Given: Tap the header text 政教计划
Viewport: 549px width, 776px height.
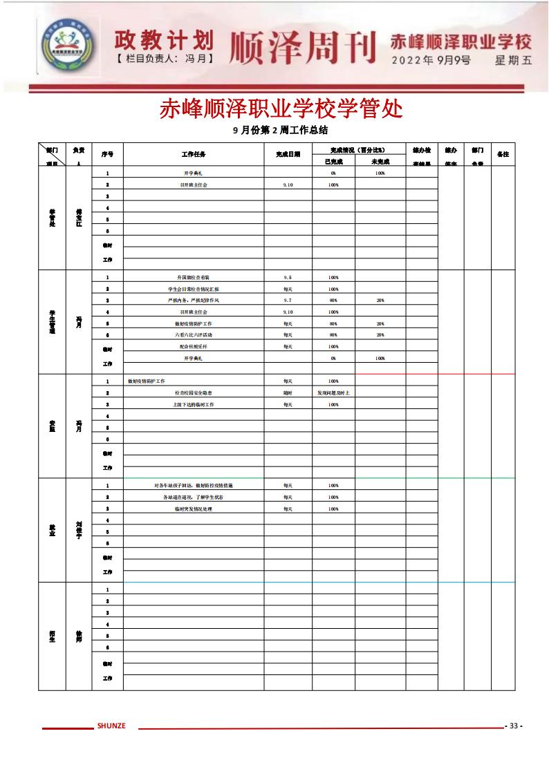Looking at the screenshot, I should pos(164,39).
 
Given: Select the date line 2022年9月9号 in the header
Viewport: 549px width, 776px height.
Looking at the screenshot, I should pos(431,60).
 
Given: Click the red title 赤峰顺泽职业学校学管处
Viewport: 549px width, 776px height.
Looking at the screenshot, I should pos(281,109).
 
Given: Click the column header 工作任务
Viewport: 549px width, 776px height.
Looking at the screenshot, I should pos(194,154).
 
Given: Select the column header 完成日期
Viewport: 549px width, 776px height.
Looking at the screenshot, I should pos(288,154).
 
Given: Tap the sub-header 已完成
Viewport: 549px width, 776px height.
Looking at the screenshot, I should pos(333,161).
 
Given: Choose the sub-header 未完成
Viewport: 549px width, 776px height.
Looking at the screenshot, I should pos(380,161).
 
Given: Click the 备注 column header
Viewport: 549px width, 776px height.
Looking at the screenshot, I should pos(503,154).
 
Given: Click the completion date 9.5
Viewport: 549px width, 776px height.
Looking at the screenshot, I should pos(288,277).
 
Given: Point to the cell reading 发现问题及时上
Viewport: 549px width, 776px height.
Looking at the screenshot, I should pos(333,392).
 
